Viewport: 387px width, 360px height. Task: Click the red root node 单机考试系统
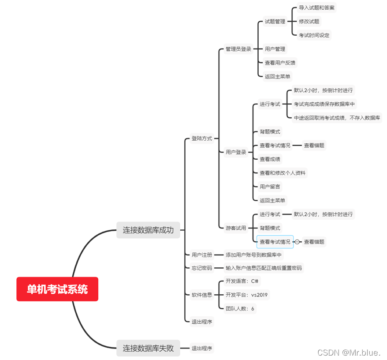pos(57,289)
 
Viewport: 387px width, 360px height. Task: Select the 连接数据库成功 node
pos(148,230)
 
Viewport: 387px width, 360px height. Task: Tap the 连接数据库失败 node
pos(148,348)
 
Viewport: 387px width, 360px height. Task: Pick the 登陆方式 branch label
pos(202,138)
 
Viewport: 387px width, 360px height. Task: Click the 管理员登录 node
pos(238,49)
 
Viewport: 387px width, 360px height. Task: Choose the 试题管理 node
pos(275,21)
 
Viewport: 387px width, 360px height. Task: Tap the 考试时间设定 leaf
pos(314,35)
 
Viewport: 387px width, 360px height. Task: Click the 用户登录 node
pos(236,152)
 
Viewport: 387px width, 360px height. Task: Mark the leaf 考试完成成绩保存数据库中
pos(324,104)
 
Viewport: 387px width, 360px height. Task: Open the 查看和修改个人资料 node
pos(283,173)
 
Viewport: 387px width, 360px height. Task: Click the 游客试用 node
pos(236,228)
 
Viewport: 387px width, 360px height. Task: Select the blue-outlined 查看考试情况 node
pos(275,242)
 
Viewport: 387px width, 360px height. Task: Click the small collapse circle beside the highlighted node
pos(298,242)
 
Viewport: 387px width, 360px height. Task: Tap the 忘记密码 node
pos(202,268)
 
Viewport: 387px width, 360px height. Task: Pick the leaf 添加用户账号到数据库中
pos(253,255)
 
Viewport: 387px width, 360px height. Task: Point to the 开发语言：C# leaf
pos(242,281)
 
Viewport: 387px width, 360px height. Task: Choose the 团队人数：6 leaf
pos(240,309)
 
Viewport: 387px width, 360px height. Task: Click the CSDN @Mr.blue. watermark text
pos(349,352)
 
